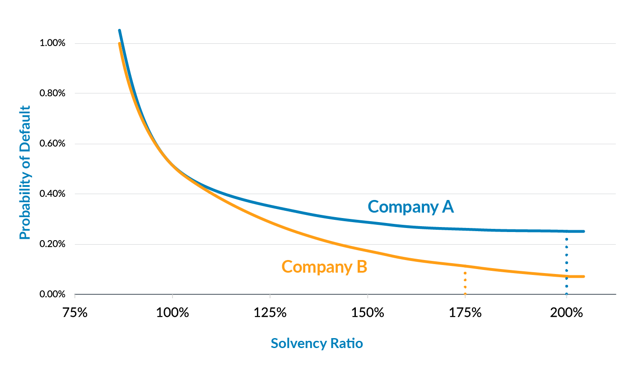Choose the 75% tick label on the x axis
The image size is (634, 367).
pyautogui.click(x=75, y=312)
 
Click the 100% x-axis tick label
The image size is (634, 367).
pyautogui.click(x=172, y=312)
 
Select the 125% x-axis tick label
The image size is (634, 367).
pyautogui.click(x=270, y=312)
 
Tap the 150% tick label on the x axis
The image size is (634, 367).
pyautogui.click(x=368, y=312)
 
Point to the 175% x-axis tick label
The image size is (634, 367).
pyautogui.click(x=465, y=312)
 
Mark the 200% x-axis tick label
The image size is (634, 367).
pyautogui.click(x=566, y=312)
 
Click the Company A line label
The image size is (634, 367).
pyautogui.click(x=410, y=207)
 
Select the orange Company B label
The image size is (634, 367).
pyautogui.click(x=324, y=267)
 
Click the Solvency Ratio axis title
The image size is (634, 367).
pyautogui.click(x=317, y=344)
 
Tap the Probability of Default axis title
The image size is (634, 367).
pyautogui.click(x=25, y=172)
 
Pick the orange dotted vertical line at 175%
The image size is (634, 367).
pyautogui.click(x=465, y=283)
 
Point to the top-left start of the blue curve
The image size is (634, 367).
pyautogui.click(x=119, y=31)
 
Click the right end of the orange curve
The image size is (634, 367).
pyautogui.click(x=583, y=276)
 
